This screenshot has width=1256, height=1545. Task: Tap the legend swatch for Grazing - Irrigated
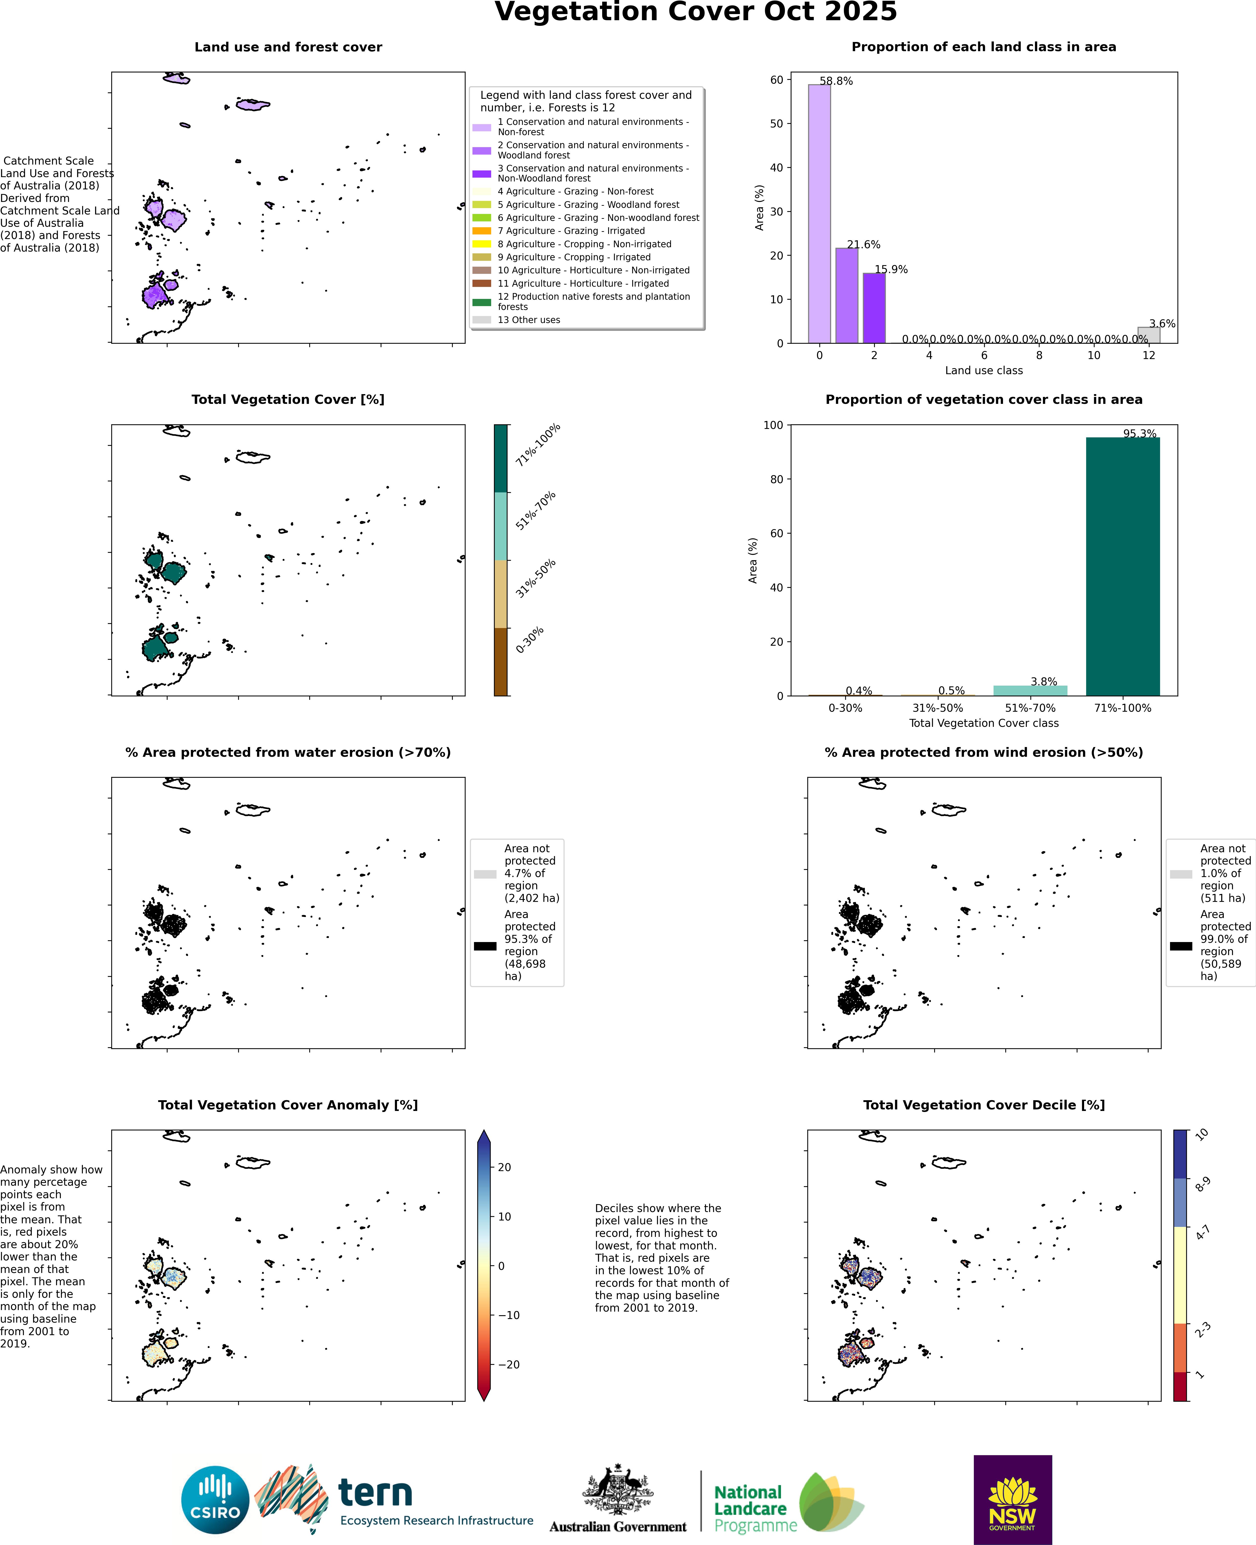click(482, 231)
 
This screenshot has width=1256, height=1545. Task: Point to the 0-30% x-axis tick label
click(845, 708)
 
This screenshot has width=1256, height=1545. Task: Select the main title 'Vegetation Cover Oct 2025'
click(695, 12)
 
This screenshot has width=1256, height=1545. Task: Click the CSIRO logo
click(215, 1500)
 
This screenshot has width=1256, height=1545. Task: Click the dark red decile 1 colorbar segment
click(1180, 1386)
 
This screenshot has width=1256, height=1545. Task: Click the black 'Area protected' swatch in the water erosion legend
click(485, 946)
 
